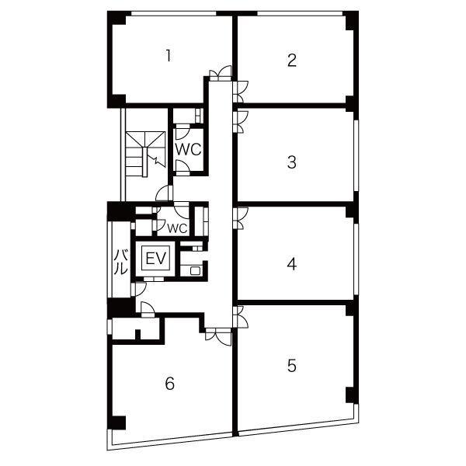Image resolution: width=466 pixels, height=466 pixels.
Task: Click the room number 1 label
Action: coord(169,56)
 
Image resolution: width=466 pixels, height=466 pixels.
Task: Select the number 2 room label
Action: coord(292,60)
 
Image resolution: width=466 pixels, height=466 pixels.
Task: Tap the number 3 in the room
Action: coord(292,162)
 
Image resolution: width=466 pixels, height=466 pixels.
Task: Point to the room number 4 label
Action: coord(292,264)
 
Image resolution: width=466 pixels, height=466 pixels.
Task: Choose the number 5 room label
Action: coord(292,366)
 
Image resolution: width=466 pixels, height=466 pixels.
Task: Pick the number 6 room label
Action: coord(169,383)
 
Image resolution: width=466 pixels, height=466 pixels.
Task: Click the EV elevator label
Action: coord(156,259)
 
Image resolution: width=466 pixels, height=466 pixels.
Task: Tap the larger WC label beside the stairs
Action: coord(189,149)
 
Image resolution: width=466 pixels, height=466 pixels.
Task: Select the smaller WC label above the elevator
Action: coord(177,228)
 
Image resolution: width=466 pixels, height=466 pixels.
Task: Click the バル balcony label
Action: coord(121,262)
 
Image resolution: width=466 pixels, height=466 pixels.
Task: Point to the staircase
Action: coord(145,154)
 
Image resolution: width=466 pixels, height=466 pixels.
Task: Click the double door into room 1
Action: coord(221,73)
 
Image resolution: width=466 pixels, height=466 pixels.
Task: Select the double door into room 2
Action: coord(241,92)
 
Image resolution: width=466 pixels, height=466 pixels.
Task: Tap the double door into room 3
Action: coord(241,122)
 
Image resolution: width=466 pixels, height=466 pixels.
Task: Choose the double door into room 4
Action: coord(241,218)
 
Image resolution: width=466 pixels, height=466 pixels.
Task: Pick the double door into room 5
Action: coord(241,317)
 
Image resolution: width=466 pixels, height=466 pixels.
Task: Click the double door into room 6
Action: coord(218,336)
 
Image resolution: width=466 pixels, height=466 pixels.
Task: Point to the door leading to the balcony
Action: coord(138,289)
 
